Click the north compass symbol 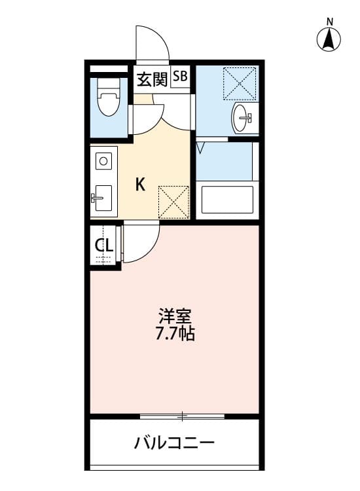tap(330, 41)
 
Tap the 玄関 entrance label tap(152, 79)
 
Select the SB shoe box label tap(180, 77)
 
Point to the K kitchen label tap(140, 185)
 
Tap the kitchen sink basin tap(101, 196)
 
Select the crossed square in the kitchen tap(174, 202)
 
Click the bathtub tap(226, 199)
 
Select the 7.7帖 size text tap(174, 333)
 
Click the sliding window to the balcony tap(182, 416)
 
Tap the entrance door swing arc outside tap(153, 43)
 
